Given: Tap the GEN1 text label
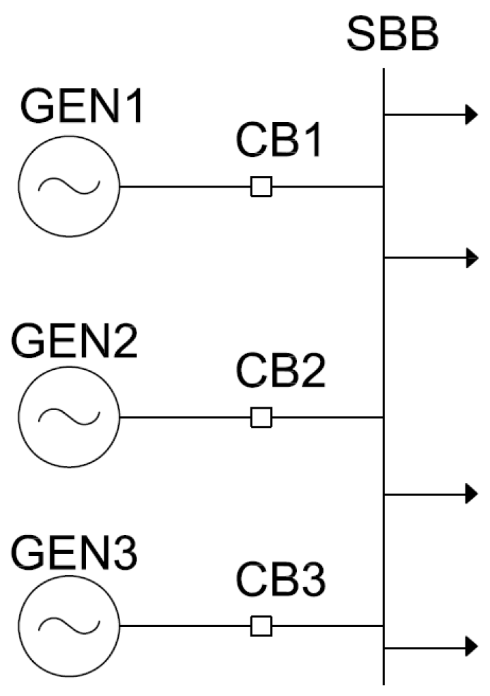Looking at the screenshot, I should (x=81, y=108).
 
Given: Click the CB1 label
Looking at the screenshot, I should (x=278, y=141).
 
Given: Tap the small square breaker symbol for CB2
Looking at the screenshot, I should (x=261, y=417).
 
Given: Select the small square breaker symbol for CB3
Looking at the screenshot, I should (x=261, y=626).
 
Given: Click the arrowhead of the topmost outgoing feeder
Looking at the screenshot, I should (x=470, y=115).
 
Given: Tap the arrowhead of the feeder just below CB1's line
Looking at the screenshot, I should (x=470, y=258).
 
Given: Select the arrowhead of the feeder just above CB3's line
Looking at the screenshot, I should (x=470, y=494).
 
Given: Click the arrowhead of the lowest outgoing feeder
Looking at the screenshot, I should (x=470, y=644).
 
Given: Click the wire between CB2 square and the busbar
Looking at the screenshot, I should (x=328, y=417).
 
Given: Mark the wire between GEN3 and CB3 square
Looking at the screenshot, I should (x=184, y=626).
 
